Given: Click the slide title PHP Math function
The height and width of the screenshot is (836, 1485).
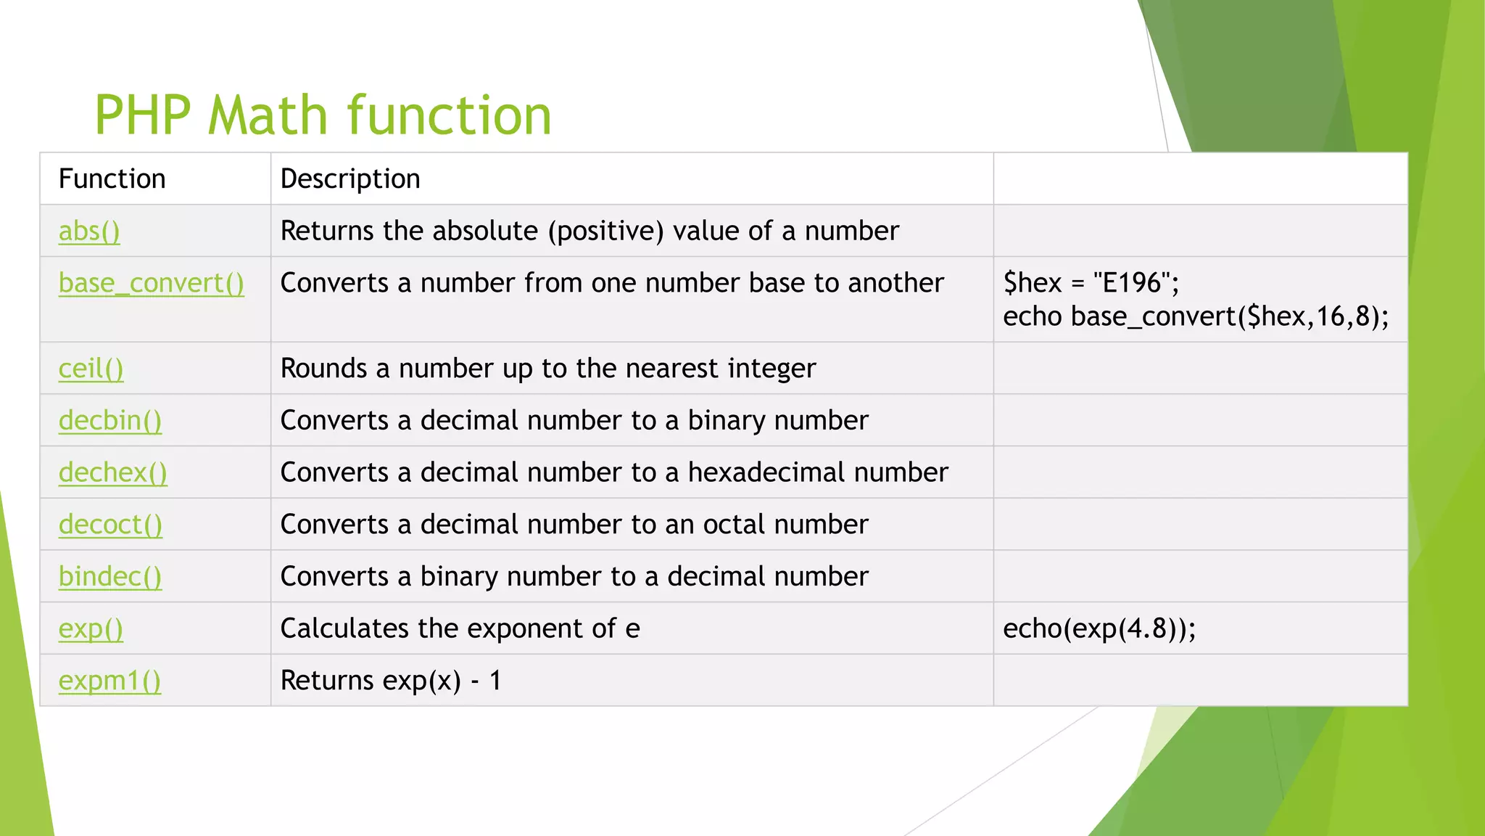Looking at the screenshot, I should tap(323, 115).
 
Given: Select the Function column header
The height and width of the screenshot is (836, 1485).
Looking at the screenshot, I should tap(112, 179).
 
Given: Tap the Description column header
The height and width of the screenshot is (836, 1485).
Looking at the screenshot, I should tap(350, 179).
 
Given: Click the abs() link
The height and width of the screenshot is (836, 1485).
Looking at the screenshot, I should tap(89, 231).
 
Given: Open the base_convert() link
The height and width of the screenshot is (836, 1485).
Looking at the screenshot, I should tap(151, 283).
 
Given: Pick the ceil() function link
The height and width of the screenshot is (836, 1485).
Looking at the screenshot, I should tap(91, 369).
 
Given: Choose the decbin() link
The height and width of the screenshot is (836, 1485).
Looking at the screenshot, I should tap(109, 421).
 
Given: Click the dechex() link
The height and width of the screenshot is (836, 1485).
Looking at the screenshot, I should tap(112, 472).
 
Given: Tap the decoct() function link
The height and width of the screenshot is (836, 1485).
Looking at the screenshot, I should tap(110, 525).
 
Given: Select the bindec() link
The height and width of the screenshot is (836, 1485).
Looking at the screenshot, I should tap(109, 576).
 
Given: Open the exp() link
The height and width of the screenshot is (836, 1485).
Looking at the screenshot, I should tap(91, 628).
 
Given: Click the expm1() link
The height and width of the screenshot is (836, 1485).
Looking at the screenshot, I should tap(109, 681).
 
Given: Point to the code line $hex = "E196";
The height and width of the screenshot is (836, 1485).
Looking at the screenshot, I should tap(1091, 283).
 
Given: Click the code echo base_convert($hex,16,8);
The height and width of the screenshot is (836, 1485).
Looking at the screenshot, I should tap(1195, 316).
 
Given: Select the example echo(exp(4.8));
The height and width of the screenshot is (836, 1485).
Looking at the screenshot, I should tap(1099, 628).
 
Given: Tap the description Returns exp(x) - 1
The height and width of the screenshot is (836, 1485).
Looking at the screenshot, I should tap(390, 681).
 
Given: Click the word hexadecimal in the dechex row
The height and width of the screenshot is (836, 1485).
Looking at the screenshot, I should tap(765, 472).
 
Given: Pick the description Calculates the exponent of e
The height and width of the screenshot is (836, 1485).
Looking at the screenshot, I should tap(460, 628).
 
